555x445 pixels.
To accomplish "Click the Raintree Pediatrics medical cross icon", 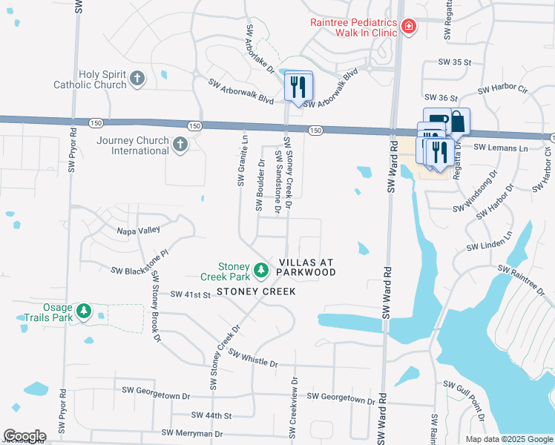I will [x=407, y=28].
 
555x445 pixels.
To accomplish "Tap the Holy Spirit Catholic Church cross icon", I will [x=137, y=78].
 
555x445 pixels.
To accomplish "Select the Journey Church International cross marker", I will [x=180, y=145].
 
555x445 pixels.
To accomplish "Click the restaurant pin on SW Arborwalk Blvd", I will [x=299, y=88].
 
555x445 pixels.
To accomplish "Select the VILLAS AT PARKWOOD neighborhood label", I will [x=307, y=268].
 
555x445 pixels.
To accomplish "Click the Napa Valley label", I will [x=138, y=231].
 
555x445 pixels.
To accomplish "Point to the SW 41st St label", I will [x=191, y=294].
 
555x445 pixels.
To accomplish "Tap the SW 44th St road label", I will [x=211, y=415].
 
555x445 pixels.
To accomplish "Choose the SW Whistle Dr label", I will [x=252, y=358].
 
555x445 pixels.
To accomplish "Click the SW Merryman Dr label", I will [x=192, y=433].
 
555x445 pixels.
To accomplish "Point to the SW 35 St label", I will [x=455, y=63].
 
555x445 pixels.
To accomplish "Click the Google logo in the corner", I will [x=24, y=436].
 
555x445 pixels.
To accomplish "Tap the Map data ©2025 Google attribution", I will [x=508, y=439].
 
